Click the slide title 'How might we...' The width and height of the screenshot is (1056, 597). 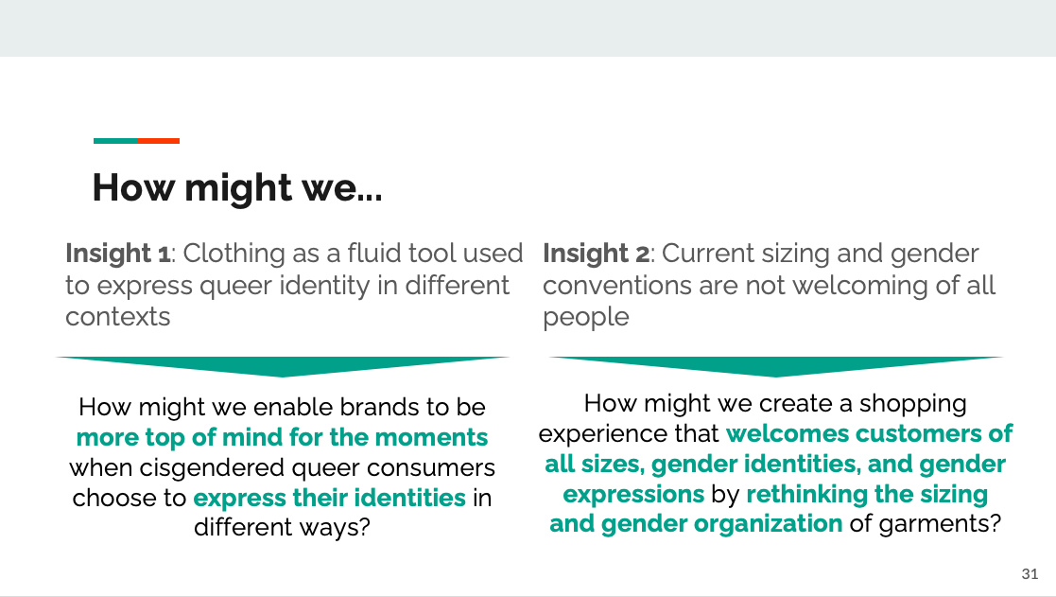click(x=237, y=188)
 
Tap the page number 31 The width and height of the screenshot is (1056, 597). click(x=1030, y=574)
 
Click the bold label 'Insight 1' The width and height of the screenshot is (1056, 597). click(x=118, y=254)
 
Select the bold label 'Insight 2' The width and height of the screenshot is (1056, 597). click(x=596, y=254)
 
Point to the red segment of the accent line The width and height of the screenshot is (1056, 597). click(x=158, y=141)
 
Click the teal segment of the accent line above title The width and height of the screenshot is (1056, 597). click(x=115, y=141)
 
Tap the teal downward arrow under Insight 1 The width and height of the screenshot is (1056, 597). click(x=282, y=366)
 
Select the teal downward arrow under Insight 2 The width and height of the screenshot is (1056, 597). click(x=776, y=366)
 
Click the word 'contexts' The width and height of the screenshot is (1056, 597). click(x=118, y=317)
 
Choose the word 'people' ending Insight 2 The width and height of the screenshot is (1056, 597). click(x=586, y=317)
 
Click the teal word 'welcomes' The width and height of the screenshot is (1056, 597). click(x=787, y=433)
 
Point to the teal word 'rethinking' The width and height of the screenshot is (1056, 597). click(x=805, y=495)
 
